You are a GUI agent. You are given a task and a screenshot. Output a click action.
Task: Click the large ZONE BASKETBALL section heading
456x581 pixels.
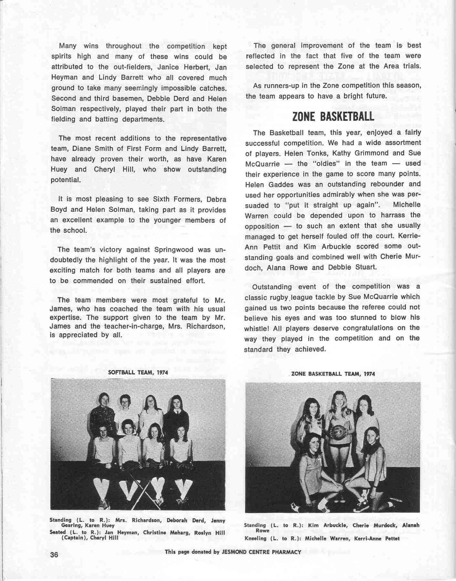[x=333, y=116]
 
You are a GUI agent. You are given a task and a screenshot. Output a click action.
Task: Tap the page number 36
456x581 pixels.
[x=54, y=555]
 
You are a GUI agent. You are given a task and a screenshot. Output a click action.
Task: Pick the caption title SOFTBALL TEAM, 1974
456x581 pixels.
[x=138, y=372]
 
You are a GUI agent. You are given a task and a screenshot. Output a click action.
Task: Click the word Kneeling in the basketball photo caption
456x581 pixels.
[x=255, y=538]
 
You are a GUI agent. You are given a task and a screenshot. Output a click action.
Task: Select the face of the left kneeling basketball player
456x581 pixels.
[x=313, y=443]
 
